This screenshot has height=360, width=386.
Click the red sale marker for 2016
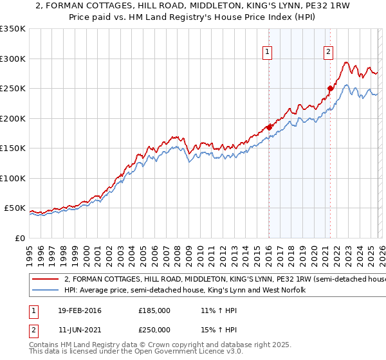269,127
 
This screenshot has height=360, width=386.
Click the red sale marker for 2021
330,88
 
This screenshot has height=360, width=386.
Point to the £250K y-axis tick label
12,89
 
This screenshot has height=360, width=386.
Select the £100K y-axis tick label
12,178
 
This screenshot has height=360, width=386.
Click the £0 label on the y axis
20,238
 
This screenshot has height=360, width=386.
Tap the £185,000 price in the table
154,310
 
